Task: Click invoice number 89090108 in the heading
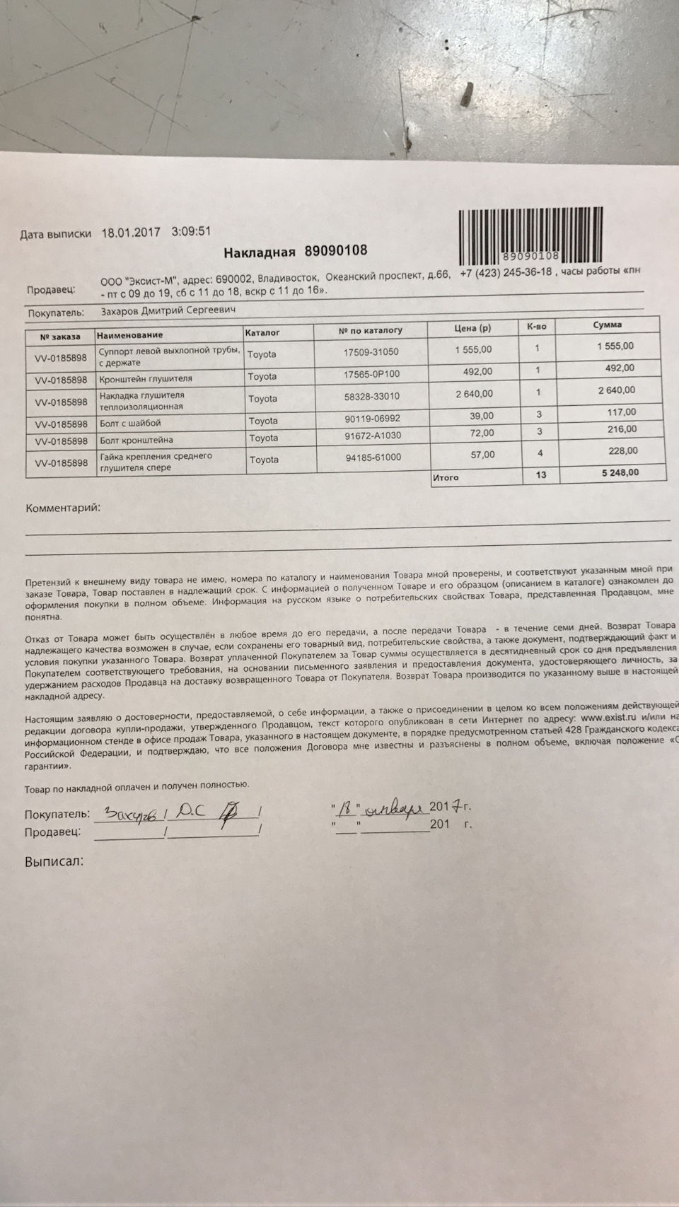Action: pos(335,251)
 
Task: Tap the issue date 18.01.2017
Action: pos(132,233)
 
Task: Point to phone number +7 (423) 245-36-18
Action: pos(505,273)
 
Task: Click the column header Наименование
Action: pos(130,335)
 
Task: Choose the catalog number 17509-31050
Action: pos(371,351)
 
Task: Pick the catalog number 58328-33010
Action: pos(371,397)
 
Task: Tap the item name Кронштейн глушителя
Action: pos(145,378)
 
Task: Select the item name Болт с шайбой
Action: pos(130,423)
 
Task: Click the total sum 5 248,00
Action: pos(620,472)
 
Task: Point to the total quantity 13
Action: pos(540,474)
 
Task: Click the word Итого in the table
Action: pos(446,478)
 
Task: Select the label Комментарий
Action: pos(63,508)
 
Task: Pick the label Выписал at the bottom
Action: pos(54,862)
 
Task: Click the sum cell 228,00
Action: pos(622,451)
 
